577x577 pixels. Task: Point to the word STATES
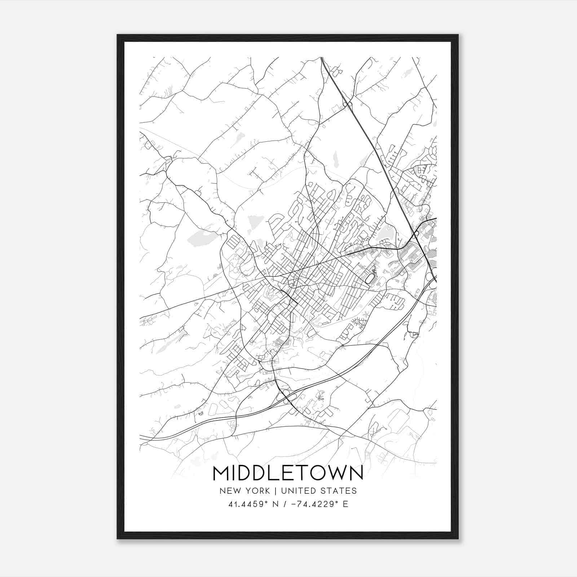coord(339,491)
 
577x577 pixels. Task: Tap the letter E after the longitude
coord(345,504)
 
